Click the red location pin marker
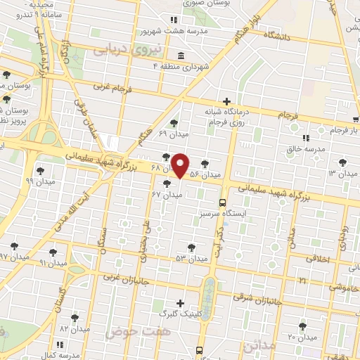click(181, 166)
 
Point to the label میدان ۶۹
click(172, 132)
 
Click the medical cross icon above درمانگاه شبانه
click(226, 101)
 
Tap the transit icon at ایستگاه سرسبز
click(223, 202)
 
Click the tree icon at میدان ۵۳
click(191, 247)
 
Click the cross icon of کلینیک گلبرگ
click(181, 304)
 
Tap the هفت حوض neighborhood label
click(129, 331)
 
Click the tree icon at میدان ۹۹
click(39, 169)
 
